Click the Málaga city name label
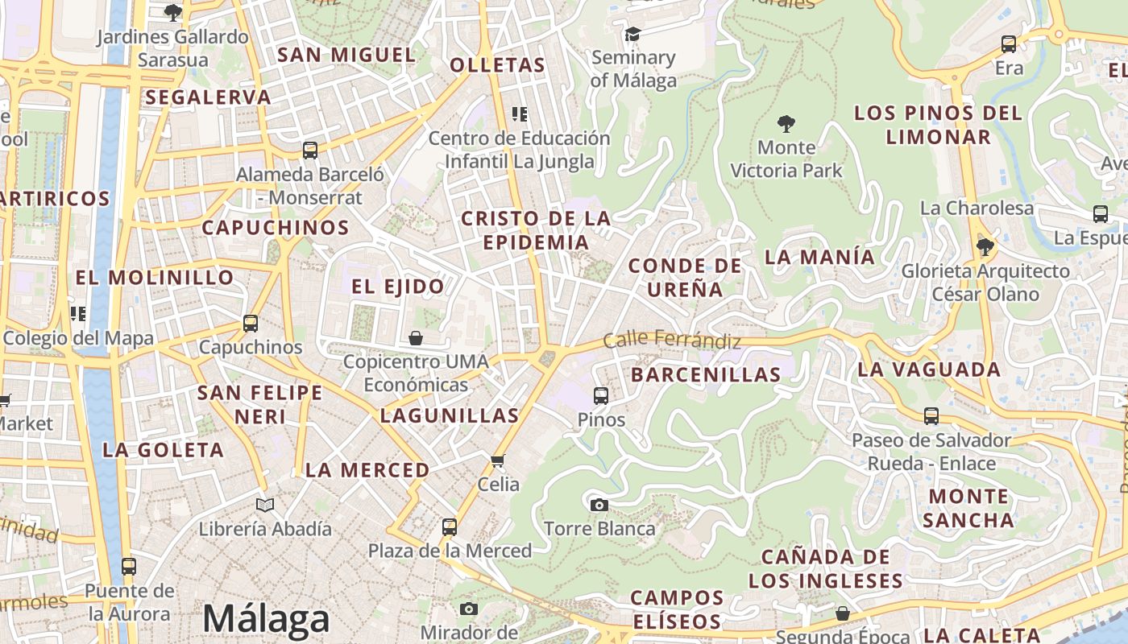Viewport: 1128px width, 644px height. pos(266,619)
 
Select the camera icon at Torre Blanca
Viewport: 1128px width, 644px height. pos(599,505)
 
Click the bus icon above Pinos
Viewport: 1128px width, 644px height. pos(601,395)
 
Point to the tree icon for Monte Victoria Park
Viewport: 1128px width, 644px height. pos(786,124)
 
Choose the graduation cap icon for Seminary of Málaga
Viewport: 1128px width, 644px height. pos(632,34)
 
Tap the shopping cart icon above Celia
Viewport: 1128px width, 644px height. pos(498,460)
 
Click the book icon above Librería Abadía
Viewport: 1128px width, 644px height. pos(265,505)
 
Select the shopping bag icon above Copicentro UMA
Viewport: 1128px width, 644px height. pos(416,338)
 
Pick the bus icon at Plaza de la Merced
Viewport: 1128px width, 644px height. pos(450,527)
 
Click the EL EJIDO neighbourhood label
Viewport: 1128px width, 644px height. pos(398,287)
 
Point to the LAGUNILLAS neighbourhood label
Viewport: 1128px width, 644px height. pos(450,416)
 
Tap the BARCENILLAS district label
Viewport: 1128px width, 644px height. pos(706,374)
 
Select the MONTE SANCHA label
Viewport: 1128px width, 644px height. pos(968,508)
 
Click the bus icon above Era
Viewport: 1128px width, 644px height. pos(1008,44)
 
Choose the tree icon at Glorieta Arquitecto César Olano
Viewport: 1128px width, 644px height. pos(985,246)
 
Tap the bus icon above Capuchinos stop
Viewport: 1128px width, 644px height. pos(251,324)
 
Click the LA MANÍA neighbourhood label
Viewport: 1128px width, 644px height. pos(819,258)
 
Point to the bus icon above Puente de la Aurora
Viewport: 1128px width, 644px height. pos(129,566)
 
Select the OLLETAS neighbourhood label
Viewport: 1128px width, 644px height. pos(497,65)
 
